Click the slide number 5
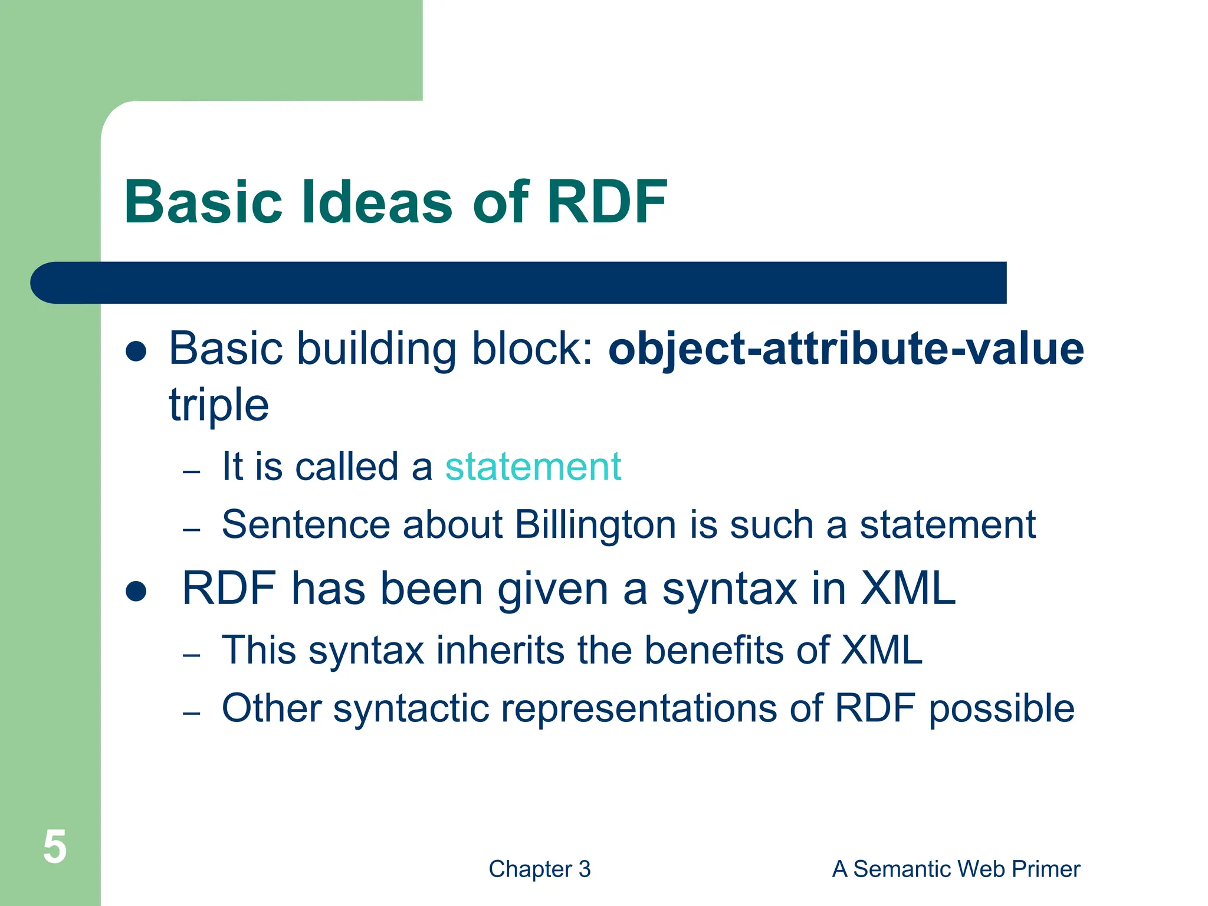click(x=54, y=847)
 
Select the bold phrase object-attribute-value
click(x=846, y=349)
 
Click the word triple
click(x=219, y=405)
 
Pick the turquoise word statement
click(x=533, y=467)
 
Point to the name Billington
click(x=595, y=524)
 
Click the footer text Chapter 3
click(x=539, y=869)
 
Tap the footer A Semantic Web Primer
click(x=956, y=869)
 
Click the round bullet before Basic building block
click(x=136, y=352)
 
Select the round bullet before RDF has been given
click(x=136, y=591)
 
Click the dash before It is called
click(x=192, y=472)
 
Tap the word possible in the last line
click(x=1002, y=708)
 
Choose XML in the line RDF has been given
click(x=908, y=589)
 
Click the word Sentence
click(x=306, y=524)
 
